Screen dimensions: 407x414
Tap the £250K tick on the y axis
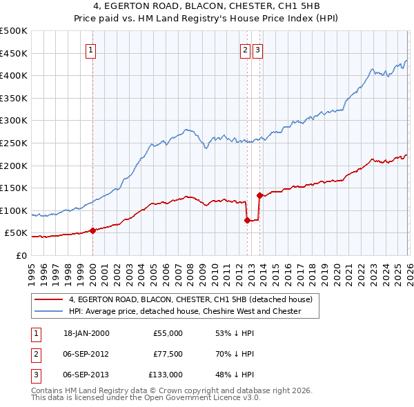(14, 143)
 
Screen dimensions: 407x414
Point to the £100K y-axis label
(14, 210)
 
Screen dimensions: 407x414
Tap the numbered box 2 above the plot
(245, 49)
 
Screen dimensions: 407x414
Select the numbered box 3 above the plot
(257, 49)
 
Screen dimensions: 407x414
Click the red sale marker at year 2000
(92, 231)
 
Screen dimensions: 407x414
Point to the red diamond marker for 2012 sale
(247, 221)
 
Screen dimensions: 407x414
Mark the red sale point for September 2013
(259, 195)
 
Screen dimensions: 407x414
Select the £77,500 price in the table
(168, 354)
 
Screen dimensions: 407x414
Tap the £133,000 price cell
(166, 375)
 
